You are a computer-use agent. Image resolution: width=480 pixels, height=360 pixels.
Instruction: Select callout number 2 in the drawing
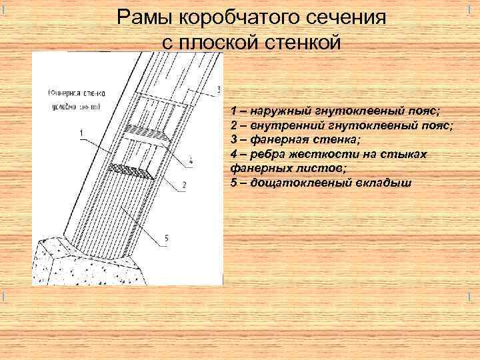[185, 183]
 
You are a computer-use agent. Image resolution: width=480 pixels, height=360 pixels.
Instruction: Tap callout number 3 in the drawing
[219, 89]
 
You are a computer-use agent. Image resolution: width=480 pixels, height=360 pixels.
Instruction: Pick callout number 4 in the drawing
[191, 161]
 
